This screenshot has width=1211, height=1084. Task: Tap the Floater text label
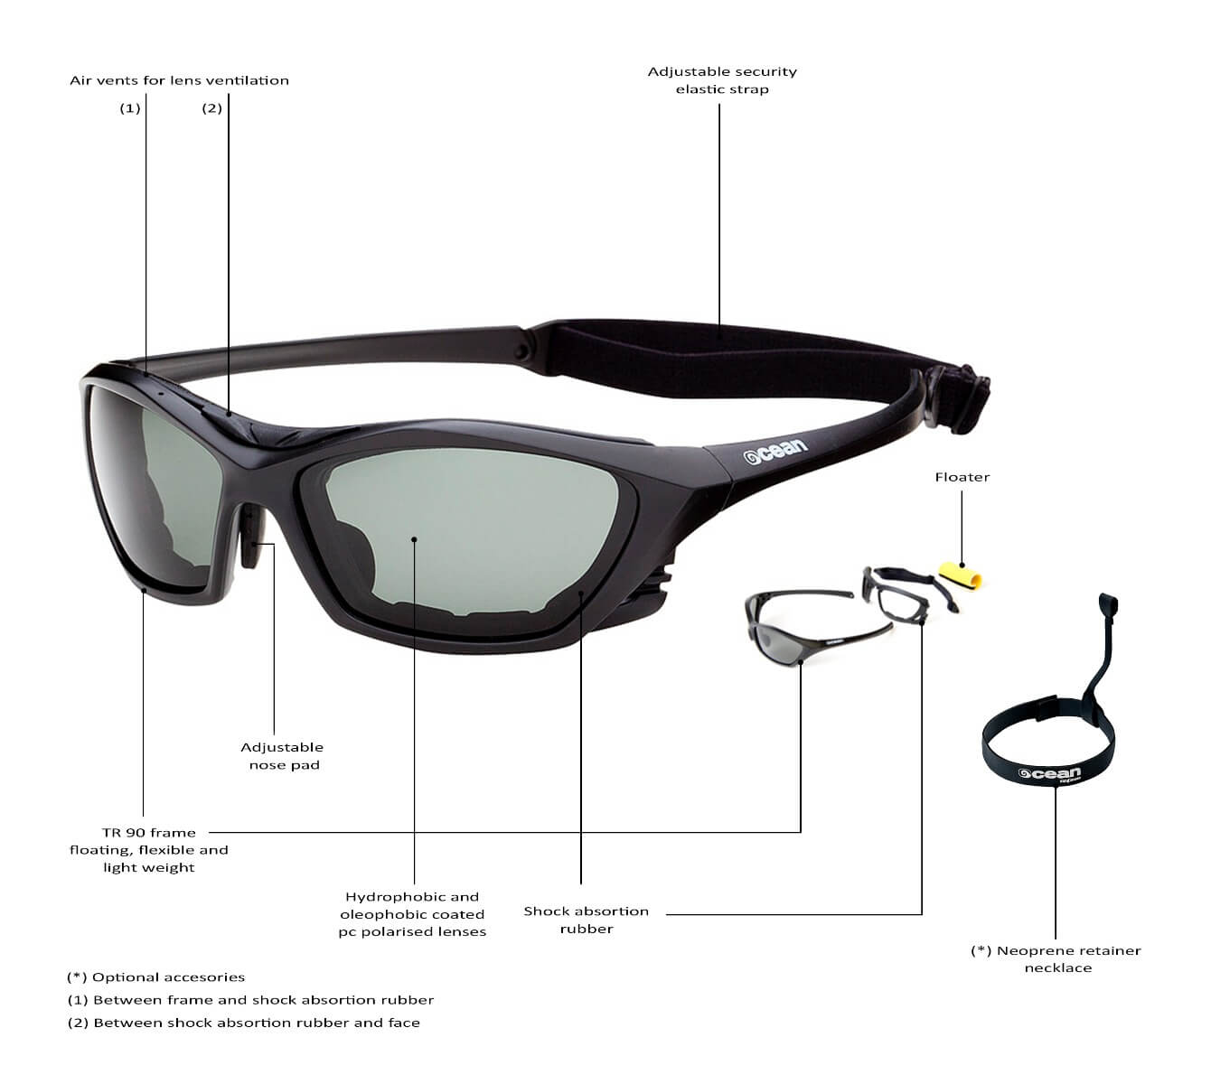click(x=962, y=477)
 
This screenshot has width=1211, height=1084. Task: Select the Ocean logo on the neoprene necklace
click(x=1048, y=773)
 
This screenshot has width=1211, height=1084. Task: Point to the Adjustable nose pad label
click(x=282, y=756)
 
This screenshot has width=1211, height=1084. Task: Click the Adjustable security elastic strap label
click(x=722, y=80)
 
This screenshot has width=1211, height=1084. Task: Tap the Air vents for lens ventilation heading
click(x=179, y=80)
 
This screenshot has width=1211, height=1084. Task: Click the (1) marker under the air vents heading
click(x=130, y=108)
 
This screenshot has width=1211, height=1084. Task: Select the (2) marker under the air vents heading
click(x=211, y=108)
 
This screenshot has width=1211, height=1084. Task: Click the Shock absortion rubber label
click(x=586, y=920)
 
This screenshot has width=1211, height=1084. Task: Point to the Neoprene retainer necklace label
click(x=1056, y=959)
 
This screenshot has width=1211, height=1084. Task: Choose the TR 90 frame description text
click(x=149, y=850)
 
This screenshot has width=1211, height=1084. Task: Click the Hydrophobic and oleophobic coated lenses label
click(x=412, y=914)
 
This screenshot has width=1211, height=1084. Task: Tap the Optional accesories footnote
click(x=155, y=977)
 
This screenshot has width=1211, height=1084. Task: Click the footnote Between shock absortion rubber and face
click(x=243, y=1023)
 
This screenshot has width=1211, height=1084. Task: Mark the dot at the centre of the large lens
click(x=414, y=539)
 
